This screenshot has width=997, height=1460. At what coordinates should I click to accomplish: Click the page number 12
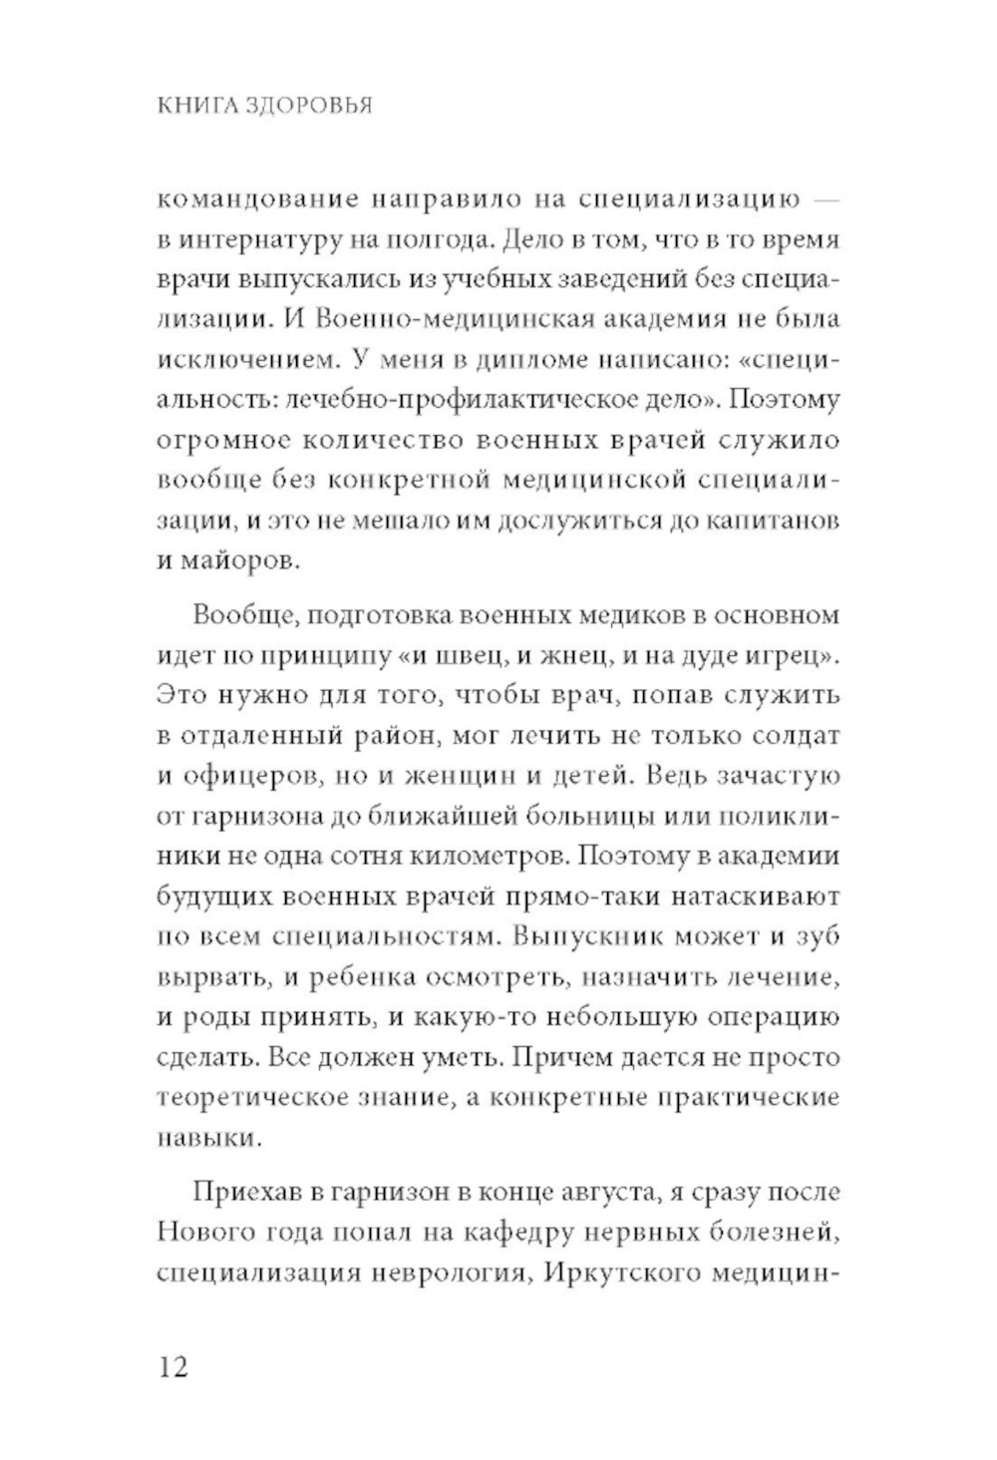tap(171, 1365)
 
